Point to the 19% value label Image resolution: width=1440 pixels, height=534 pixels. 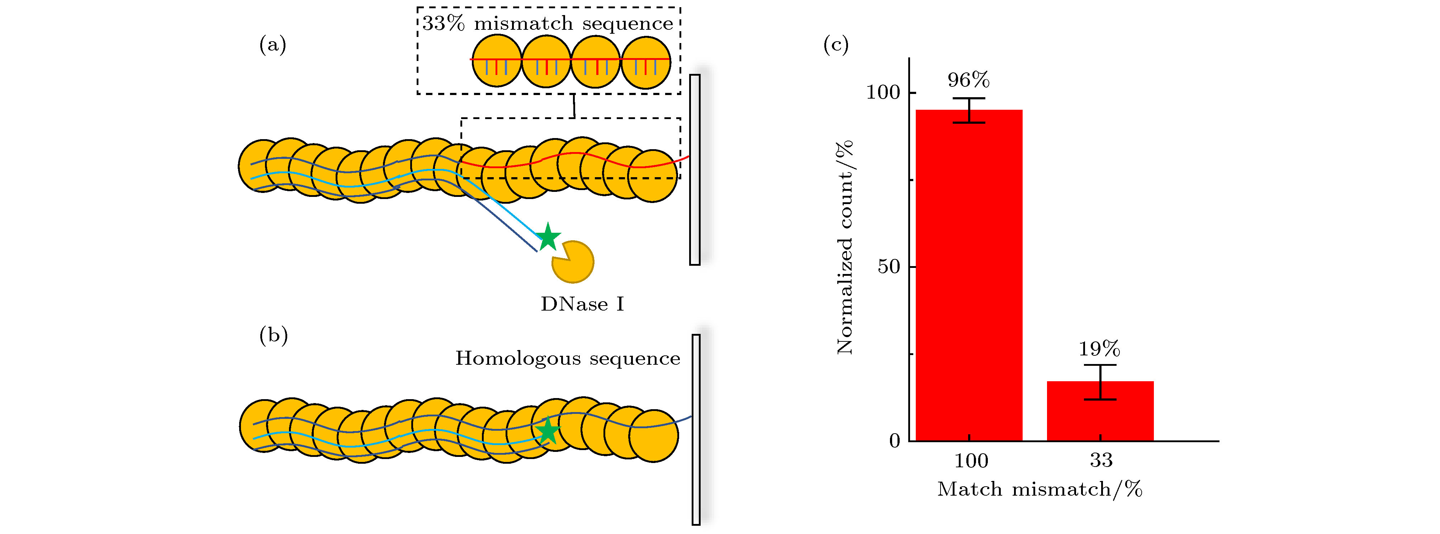(x=1099, y=349)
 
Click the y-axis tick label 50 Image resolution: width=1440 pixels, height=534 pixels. (x=889, y=267)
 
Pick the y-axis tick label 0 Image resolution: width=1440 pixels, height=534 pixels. (x=894, y=441)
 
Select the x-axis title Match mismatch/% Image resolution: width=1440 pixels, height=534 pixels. (x=1040, y=489)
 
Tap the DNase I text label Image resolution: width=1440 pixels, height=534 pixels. (x=582, y=304)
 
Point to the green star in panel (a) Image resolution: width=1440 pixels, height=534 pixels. (x=548, y=237)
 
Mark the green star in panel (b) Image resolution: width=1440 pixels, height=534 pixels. (x=547, y=431)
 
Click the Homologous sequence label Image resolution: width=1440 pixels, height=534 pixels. (x=567, y=358)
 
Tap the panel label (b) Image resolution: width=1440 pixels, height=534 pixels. (x=273, y=335)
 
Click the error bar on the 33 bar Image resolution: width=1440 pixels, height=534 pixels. (x=1100, y=382)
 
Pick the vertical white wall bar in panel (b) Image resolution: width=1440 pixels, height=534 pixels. (x=696, y=429)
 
